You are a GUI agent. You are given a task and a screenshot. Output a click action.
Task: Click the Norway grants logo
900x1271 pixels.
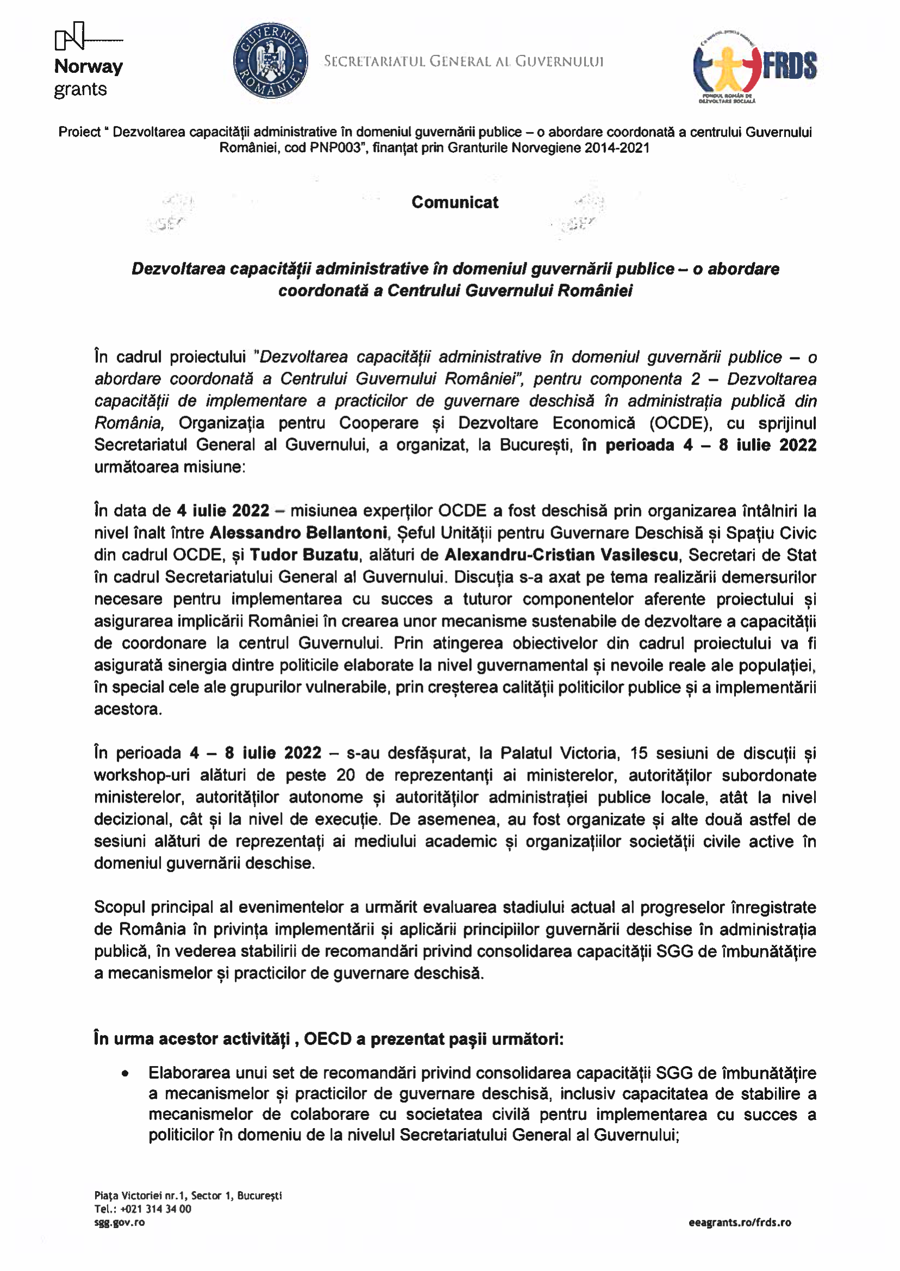click(x=88, y=60)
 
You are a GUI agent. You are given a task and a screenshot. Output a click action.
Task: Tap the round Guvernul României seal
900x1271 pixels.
click(x=271, y=61)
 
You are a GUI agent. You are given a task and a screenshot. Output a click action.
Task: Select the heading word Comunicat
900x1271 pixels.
click(x=454, y=202)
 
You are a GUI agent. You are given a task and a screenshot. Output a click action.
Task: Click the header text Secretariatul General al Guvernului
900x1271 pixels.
click(x=463, y=61)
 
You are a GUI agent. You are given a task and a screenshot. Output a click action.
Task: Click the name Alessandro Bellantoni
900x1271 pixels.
click(x=298, y=533)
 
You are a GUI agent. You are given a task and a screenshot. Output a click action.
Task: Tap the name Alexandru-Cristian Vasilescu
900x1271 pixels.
click(x=561, y=555)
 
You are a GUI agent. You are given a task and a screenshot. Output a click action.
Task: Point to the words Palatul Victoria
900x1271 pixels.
click(x=558, y=753)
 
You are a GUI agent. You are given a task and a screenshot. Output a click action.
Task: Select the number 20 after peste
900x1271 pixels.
click(x=345, y=775)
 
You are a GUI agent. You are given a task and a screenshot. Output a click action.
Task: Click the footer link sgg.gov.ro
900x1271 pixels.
click(x=119, y=1222)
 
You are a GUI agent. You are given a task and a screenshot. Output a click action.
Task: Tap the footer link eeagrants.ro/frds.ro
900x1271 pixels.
click(x=739, y=1222)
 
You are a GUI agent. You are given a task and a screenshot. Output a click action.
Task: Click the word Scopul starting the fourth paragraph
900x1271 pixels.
click(x=119, y=907)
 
